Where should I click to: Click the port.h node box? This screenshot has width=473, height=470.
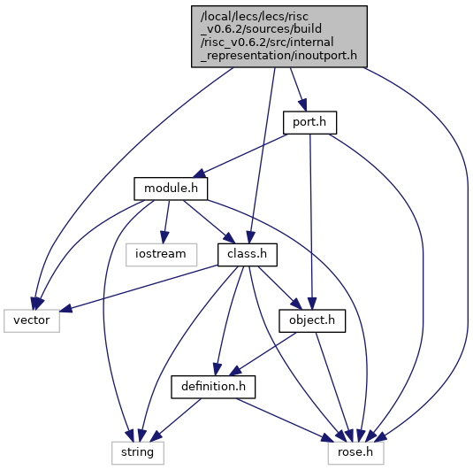309,123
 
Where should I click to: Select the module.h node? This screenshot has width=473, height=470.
171,189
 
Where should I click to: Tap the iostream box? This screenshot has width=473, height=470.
162,255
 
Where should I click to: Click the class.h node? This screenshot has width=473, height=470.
248,255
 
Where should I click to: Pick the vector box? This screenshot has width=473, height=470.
32,320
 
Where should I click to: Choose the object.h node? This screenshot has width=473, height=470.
312,320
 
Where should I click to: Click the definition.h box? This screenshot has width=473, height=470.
213,387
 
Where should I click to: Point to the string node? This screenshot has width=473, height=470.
138,453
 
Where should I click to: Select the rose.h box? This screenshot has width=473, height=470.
356,453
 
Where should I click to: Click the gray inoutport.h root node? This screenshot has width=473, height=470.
279,36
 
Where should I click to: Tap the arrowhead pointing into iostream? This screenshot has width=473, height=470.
164,237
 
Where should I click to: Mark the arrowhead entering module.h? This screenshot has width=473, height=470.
200,174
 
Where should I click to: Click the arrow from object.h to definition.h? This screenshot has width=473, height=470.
263,354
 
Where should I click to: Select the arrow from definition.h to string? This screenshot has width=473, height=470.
175,420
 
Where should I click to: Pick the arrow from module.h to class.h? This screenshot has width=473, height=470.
209,221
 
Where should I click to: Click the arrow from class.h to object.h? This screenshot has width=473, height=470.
279,288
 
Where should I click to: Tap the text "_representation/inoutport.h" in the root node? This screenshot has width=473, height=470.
278,56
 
